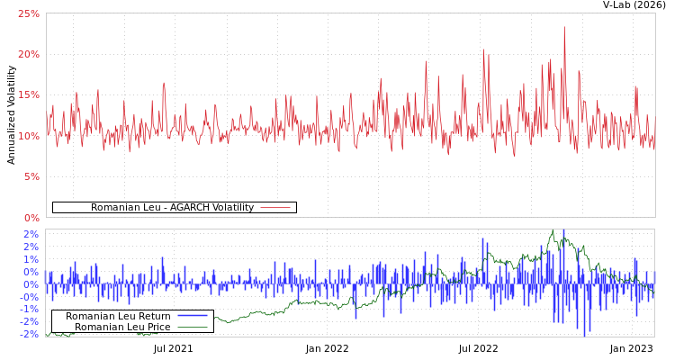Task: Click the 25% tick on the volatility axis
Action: coord(29,13)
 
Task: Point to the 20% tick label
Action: coord(29,54)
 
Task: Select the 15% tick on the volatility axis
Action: coord(29,94)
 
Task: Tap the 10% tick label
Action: coord(29,136)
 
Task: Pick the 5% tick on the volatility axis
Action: coord(31,176)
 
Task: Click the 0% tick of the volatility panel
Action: coord(31,217)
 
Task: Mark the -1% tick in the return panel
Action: coord(31,309)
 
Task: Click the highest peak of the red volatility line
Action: coord(564,27)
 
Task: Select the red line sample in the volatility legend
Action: coord(274,208)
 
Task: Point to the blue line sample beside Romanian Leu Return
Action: coord(192,316)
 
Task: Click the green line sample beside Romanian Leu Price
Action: coord(192,327)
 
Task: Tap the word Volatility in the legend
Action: coord(229,208)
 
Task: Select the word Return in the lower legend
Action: coord(154,316)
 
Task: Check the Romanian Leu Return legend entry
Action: coord(118,316)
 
